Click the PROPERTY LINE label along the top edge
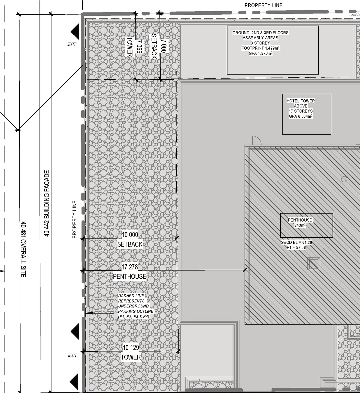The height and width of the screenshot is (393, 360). tap(263, 5)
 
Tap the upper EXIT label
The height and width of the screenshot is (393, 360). tap(72, 44)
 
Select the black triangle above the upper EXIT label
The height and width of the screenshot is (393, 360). tap(75, 31)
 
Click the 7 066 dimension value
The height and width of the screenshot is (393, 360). tap(139, 46)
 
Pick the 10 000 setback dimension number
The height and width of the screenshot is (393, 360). tap(130, 235)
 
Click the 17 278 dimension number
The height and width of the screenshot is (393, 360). tap(130, 267)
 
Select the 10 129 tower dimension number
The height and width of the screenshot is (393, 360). tap(131, 348)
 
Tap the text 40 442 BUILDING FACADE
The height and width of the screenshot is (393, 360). tap(47, 203)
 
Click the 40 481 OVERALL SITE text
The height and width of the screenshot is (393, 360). tap(23, 249)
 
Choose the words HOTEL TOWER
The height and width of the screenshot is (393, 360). tap(301, 101)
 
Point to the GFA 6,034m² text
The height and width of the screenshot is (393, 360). tap(301, 116)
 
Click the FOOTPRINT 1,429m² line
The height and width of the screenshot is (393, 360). tap(260, 48)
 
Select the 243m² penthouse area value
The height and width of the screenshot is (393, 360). tap(300, 225)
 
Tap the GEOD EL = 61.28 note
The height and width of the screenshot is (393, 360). tap(296, 242)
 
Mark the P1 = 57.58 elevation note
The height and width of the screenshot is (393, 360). tap(296, 247)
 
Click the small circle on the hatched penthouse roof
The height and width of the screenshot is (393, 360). tap(344, 179)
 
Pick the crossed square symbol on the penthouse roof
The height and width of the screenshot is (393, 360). tap(314, 264)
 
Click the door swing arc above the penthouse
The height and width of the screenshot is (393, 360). tap(256, 140)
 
